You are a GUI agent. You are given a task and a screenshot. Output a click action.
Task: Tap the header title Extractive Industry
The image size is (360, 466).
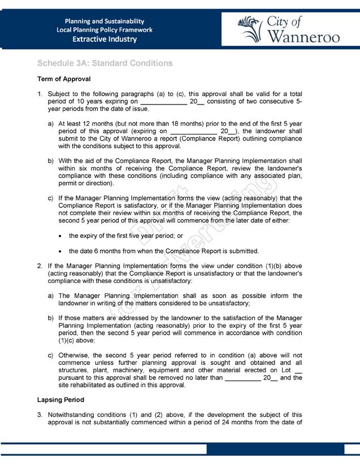pos(105,40)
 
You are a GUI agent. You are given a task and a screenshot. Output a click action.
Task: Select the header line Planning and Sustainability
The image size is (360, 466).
pos(105,21)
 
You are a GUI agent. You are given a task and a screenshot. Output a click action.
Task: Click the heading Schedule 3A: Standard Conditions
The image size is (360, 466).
pos(105,63)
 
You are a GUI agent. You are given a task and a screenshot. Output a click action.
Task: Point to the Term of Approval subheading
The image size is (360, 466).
pos(64,79)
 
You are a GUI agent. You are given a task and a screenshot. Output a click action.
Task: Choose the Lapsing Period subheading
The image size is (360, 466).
pos(60,400)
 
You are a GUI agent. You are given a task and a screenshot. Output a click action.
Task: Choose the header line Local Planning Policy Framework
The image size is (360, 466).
pos(105,30)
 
